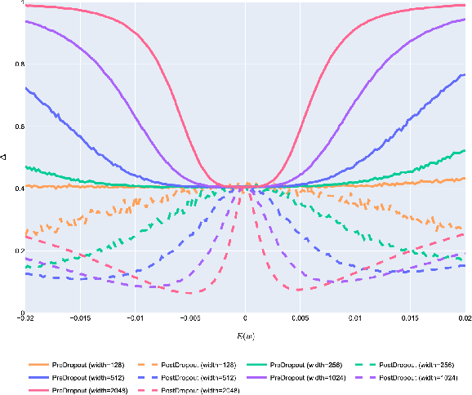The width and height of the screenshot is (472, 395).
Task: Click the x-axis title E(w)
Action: pyautogui.click(x=245, y=335)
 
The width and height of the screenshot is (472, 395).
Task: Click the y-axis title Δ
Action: pyautogui.click(x=6, y=158)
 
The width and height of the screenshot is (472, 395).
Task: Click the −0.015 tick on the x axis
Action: pyautogui.click(x=80, y=319)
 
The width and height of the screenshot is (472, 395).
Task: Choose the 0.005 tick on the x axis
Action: pyautogui.click(x=300, y=319)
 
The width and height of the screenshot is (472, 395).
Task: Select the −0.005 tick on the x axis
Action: pyautogui.click(x=189, y=319)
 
